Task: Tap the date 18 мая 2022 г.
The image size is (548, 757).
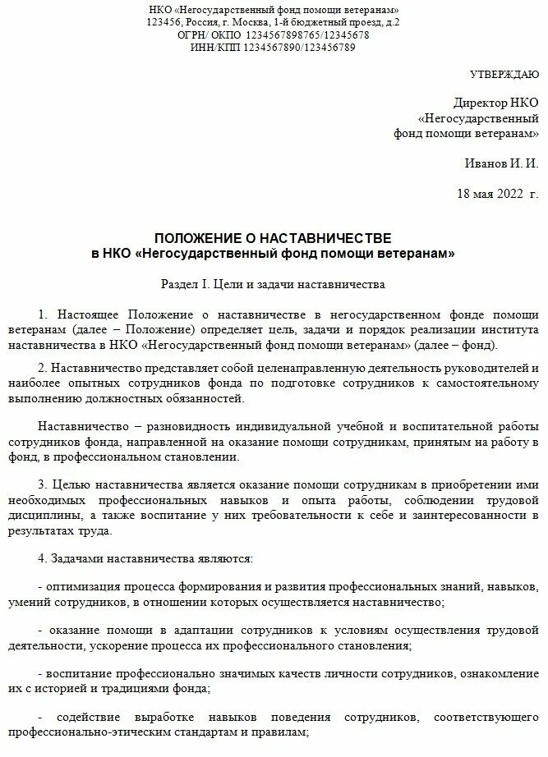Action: (498, 194)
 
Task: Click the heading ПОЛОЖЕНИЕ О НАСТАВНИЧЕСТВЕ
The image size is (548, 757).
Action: (274, 238)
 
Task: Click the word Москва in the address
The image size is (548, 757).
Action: (257, 22)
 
